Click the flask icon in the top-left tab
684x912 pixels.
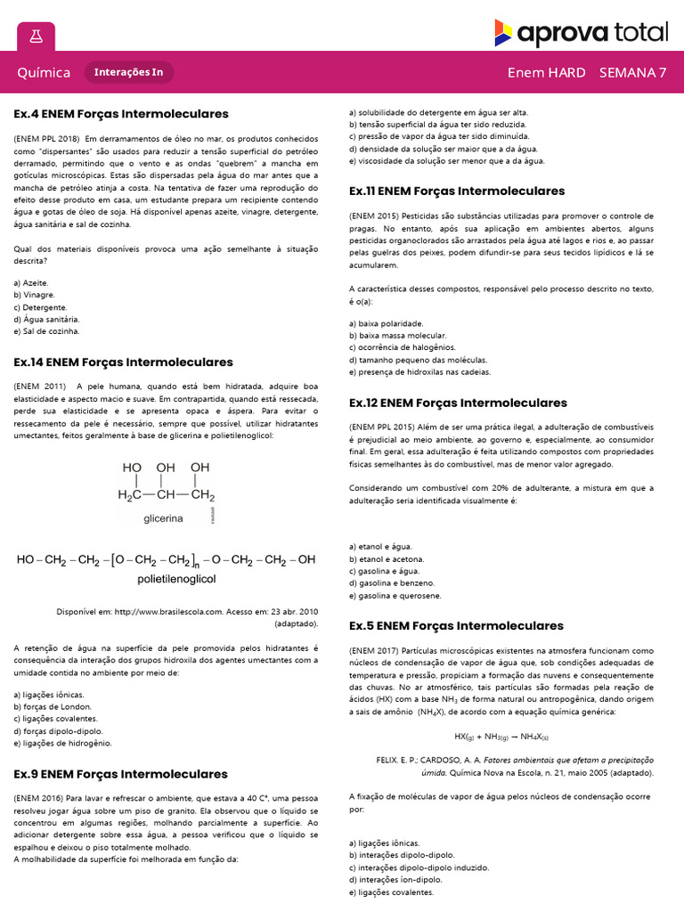36,36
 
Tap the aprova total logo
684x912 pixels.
581,34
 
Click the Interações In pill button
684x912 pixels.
129,73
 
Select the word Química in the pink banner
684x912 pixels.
44,73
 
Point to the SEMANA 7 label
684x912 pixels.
632,73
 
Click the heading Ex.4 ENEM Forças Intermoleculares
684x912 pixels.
121,114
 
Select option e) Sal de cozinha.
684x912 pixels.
46,331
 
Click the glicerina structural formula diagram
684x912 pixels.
166,490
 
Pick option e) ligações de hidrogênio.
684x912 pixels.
62,743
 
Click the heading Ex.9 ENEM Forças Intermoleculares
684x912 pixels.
121,774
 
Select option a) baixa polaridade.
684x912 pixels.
387,323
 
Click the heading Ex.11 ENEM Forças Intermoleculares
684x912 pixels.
457,191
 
